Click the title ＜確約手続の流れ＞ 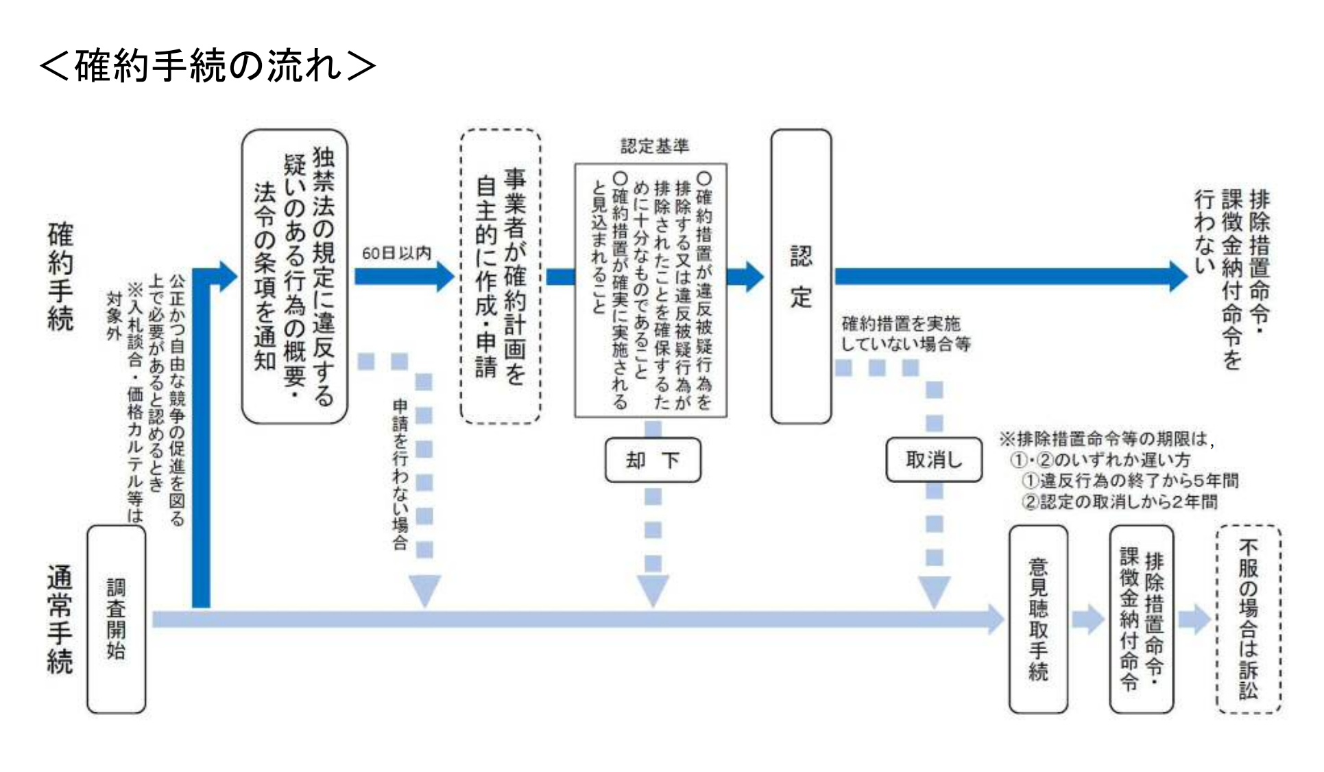(x=207, y=66)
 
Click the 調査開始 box (x=116, y=619)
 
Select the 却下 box (x=652, y=460)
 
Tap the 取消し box (x=933, y=460)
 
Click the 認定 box (x=800, y=277)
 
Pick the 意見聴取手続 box (x=1037, y=619)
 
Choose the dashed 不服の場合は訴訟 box (x=1248, y=619)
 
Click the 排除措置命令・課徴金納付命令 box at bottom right (x=1141, y=619)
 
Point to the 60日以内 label (x=396, y=253)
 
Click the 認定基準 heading (x=654, y=145)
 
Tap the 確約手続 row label (x=60, y=277)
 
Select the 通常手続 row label (x=60, y=619)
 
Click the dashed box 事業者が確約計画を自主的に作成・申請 (x=501, y=277)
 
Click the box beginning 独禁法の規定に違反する (x=295, y=277)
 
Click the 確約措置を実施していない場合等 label (x=905, y=334)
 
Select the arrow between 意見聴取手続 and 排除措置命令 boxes (x=1088, y=619)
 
